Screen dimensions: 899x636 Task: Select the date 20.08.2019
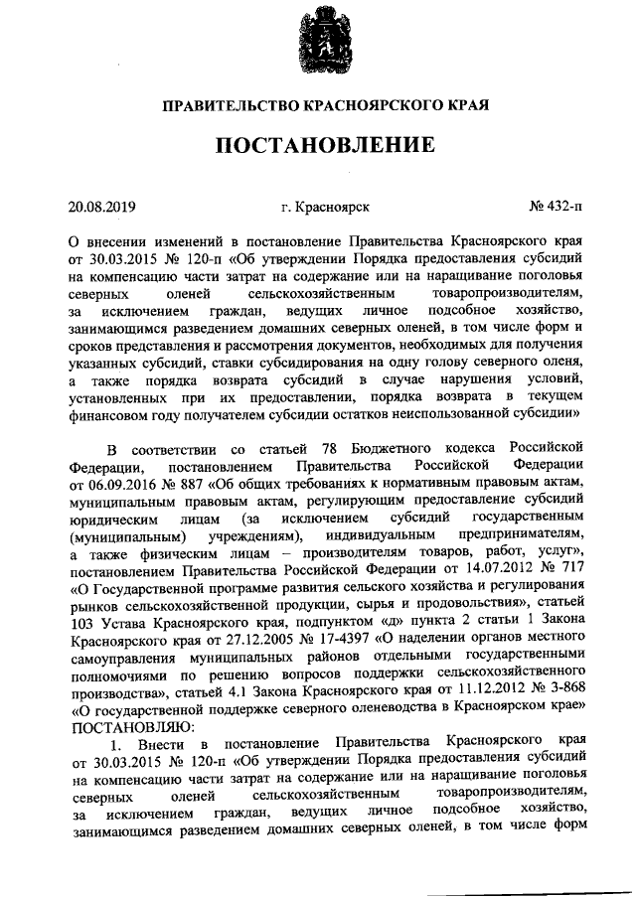(x=101, y=207)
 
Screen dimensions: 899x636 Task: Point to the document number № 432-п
(x=555, y=207)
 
